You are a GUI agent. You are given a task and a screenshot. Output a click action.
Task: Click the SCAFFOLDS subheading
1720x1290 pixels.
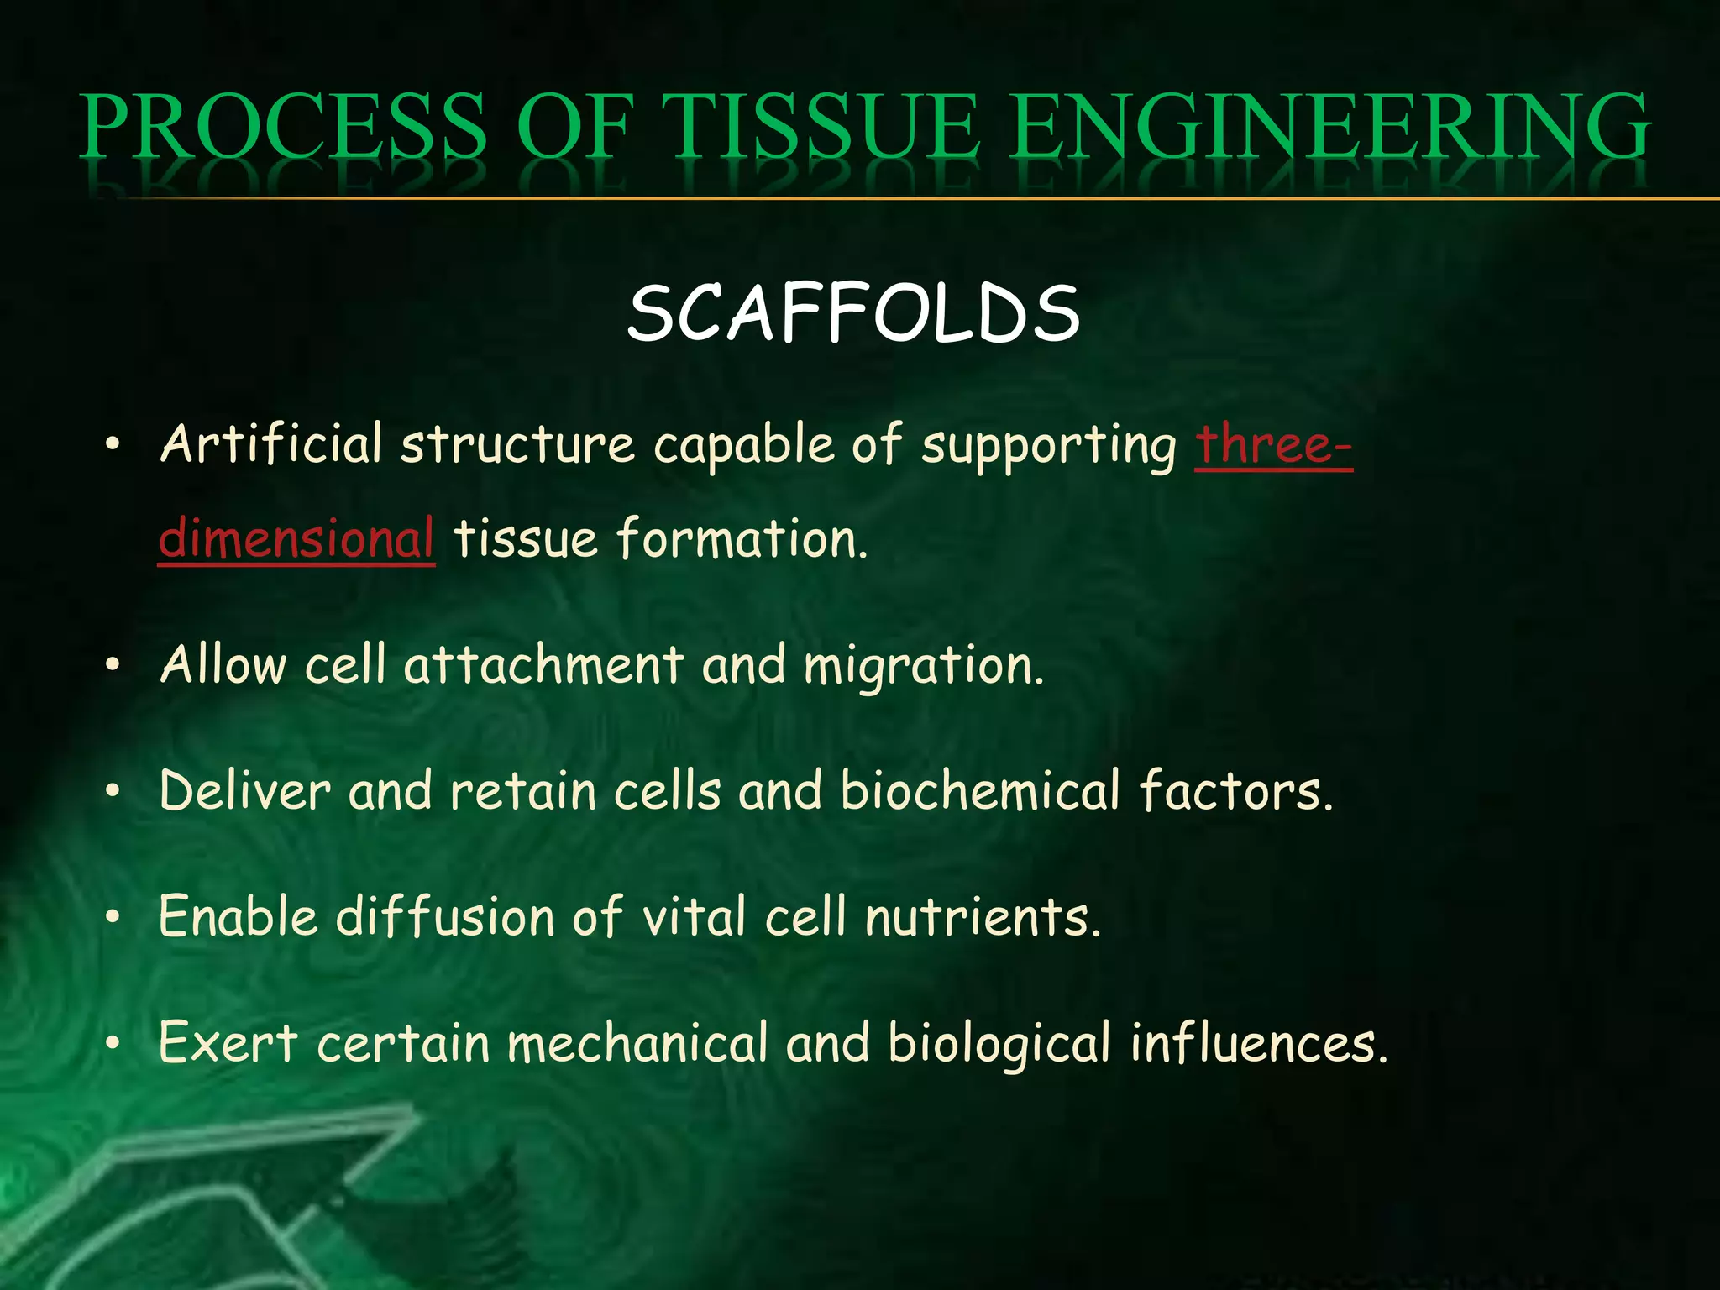tap(853, 313)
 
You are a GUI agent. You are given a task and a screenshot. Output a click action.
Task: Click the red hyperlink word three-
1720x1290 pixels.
tap(1273, 445)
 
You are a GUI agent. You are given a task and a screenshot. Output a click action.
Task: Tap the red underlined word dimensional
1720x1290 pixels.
tap(296, 539)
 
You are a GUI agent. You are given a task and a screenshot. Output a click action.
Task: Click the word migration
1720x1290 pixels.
tap(924, 667)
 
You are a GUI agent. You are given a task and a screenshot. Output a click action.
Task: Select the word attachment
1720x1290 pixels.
tap(543, 665)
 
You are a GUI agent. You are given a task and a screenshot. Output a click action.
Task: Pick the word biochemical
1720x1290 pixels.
tap(980, 791)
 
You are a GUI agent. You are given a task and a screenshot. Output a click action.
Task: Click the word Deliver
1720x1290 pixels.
tap(244, 791)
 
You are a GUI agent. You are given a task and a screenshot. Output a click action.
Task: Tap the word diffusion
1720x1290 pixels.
tap(445, 916)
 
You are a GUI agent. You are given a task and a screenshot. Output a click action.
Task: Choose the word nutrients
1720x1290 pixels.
tap(983, 917)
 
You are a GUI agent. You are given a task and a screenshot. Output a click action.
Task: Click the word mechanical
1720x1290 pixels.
tap(637, 1043)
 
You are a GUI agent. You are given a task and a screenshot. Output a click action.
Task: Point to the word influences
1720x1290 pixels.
tap(1257, 1043)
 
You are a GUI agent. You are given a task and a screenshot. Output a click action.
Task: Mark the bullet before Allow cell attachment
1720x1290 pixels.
tap(113, 665)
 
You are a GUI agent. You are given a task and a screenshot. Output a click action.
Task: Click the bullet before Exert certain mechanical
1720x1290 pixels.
tap(113, 1044)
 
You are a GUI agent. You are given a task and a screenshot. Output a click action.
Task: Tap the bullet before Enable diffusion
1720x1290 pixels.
tap(113, 917)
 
